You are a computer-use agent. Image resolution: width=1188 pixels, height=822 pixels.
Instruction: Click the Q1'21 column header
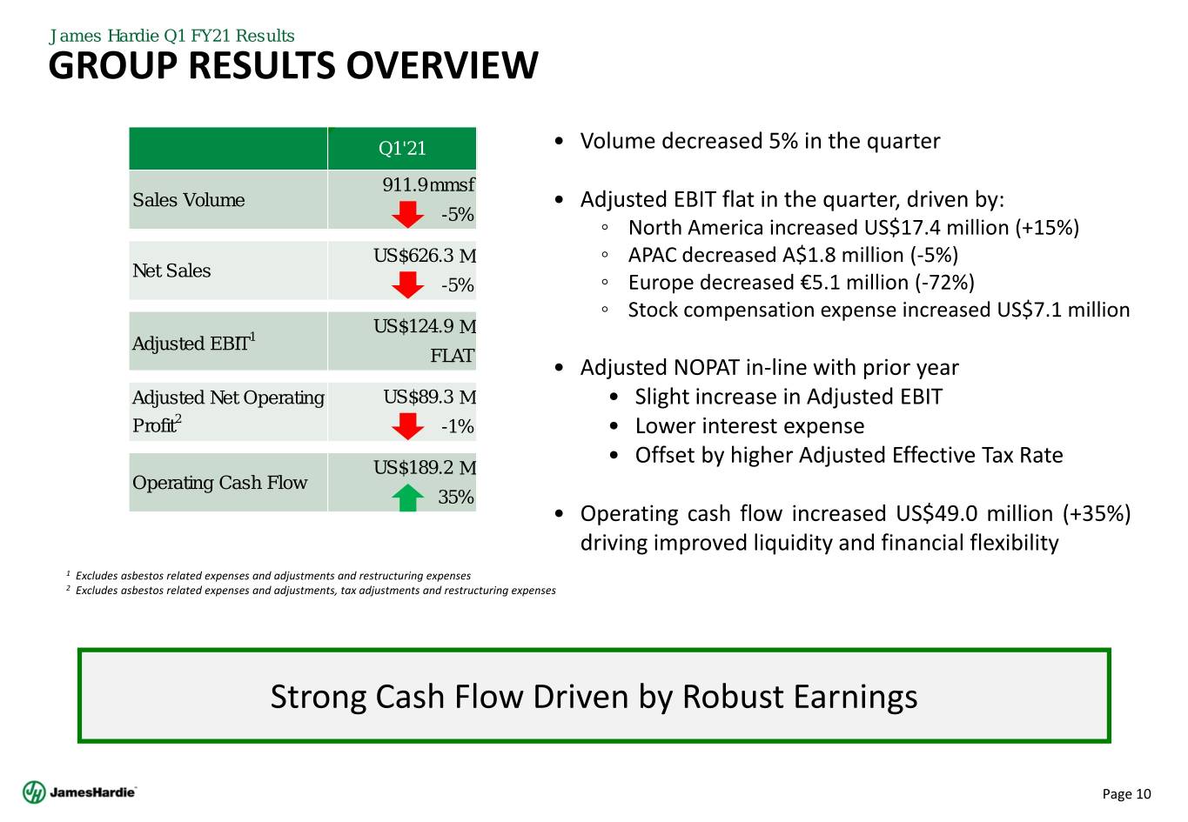[402, 148]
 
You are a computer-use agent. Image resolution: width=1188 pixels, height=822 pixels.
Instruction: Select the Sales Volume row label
[188, 200]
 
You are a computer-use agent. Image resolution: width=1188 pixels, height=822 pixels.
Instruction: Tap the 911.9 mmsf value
[428, 184]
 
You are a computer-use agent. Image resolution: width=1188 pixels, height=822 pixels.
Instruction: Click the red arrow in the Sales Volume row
[407, 214]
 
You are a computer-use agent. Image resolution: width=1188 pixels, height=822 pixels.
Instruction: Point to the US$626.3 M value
[425, 256]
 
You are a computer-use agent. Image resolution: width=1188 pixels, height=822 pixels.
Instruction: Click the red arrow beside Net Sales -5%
[407, 284]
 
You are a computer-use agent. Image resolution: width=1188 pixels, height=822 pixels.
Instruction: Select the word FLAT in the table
[452, 355]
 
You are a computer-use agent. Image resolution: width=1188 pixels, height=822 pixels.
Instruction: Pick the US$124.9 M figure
[425, 326]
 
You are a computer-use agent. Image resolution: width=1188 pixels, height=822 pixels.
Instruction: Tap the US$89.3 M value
[430, 397]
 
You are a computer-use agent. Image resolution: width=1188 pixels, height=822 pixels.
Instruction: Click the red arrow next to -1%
[407, 426]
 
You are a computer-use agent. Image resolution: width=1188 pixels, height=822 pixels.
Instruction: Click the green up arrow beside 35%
[407, 498]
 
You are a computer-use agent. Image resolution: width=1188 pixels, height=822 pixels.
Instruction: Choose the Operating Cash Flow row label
[219, 482]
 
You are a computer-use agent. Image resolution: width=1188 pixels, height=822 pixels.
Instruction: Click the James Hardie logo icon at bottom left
[34, 792]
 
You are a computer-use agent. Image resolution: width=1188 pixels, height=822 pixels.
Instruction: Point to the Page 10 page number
[1126, 793]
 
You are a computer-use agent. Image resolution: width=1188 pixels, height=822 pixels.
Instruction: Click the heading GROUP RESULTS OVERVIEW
[293, 65]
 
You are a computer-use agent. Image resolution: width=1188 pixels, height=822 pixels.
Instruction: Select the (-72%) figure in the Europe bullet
[945, 283]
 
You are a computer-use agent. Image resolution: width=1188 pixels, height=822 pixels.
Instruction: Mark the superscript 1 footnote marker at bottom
[68, 573]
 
